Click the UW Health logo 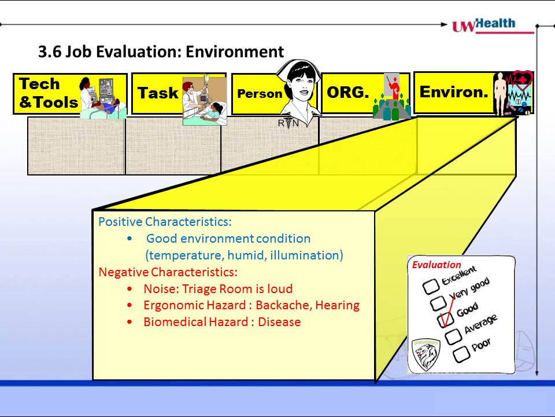(x=493, y=25)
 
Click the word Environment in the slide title (x=235, y=52)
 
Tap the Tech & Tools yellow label (x=70, y=94)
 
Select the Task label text (x=158, y=93)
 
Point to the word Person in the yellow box (x=260, y=94)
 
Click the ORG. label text (x=347, y=92)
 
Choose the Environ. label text (x=454, y=92)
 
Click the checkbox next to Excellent (x=431, y=287)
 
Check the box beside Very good (x=438, y=303)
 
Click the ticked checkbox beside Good (x=445, y=320)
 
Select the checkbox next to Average (x=453, y=337)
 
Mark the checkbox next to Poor (x=461, y=354)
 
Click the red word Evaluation (x=436, y=265)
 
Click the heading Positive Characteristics (x=165, y=222)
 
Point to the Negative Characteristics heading (x=168, y=272)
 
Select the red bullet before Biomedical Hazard (x=129, y=323)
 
